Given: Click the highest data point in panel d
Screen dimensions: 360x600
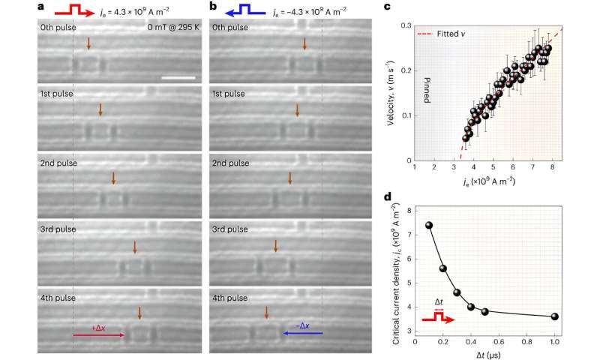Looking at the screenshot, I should pyautogui.click(x=429, y=225).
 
